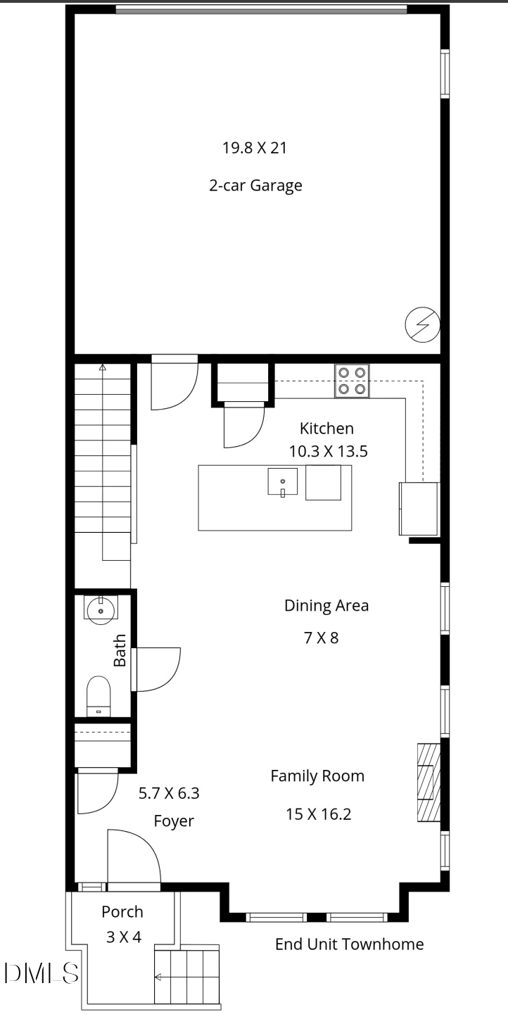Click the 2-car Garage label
[255, 186]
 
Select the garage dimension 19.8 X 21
[255, 148]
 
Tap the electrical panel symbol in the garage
[422, 326]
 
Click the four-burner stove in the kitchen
[352, 381]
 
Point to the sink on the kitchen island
[282, 482]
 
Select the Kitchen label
[326, 428]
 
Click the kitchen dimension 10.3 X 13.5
[328, 452]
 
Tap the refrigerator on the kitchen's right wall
[419, 508]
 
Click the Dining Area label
[326, 605]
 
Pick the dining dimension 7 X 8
[322, 638]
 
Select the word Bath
[120, 650]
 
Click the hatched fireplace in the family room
[428, 781]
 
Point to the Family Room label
[318, 776]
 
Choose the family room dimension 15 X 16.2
[318, 814]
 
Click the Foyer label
[174, 821]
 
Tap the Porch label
[122, 912]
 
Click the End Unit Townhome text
[350, 944]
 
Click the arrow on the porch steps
[159, 977]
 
